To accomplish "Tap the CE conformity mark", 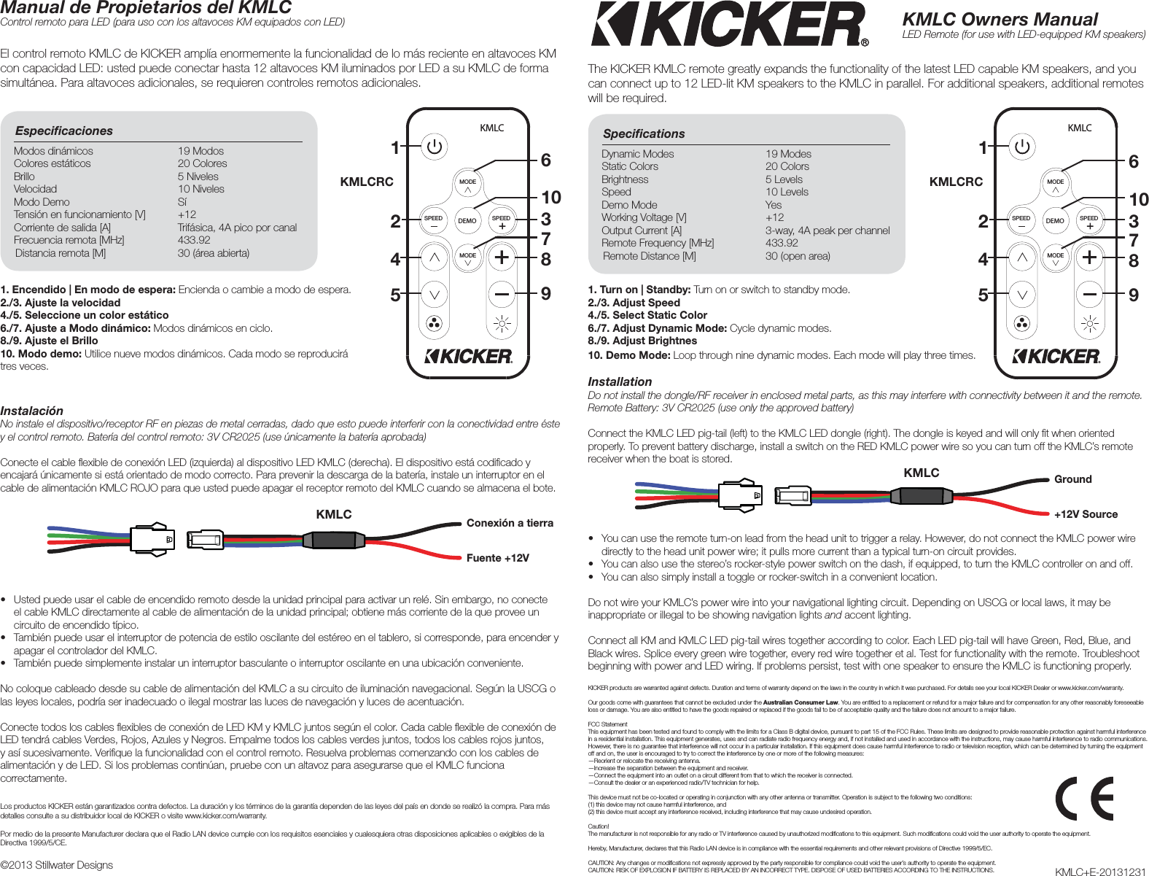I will [1084, 799].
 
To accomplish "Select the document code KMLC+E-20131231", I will [1100, 872].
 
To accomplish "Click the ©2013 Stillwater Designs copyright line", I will [57, 865].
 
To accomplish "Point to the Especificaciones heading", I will [64, 131].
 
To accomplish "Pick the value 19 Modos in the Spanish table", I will [200, 151].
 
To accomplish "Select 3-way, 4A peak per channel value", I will [827, 230].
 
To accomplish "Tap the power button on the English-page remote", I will [1022, 147].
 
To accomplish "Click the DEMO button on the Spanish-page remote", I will [467, 220].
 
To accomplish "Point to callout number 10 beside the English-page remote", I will [1138, 199].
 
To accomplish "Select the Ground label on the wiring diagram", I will [1072, 479].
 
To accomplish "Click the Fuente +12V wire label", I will [497, 558].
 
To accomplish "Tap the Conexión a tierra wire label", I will [510, 523].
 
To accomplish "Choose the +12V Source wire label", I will [1086, 514].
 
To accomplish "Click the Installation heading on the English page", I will [620, 381].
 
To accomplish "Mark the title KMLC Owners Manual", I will [1000, 20].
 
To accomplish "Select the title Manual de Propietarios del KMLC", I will [146, 8].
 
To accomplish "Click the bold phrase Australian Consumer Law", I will [801, 702].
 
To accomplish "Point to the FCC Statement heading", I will [607, 724].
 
